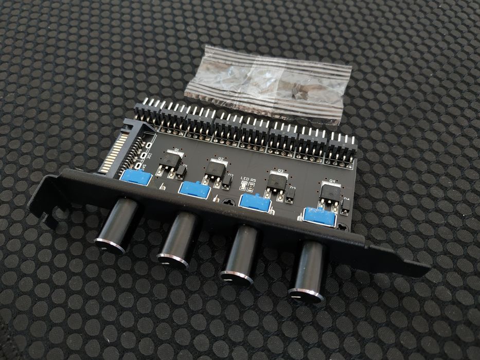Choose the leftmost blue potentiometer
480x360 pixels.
pos(136,178)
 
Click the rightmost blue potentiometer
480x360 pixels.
pos(319,216)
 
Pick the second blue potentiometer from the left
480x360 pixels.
pos(194,190)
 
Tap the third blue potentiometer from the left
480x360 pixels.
pos(256,203)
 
